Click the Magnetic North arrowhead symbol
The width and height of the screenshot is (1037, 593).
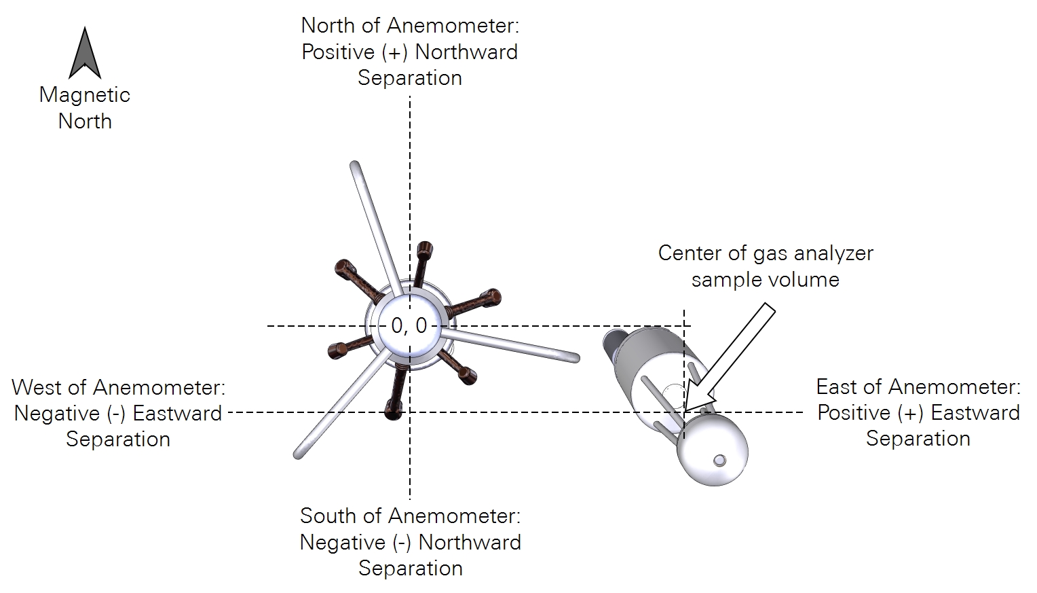click(85, 54)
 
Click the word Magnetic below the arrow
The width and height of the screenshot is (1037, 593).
click(85, 94)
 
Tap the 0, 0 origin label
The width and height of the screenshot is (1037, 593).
click(409, 326)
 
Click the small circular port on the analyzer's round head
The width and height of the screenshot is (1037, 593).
click(719, 461)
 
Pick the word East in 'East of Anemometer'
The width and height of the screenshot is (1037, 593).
click(840, 387)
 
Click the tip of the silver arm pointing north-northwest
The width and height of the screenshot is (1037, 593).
click(354, 165)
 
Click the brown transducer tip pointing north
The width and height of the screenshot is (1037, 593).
click(425, 247)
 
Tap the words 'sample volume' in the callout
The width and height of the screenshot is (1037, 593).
click(765, 279)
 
